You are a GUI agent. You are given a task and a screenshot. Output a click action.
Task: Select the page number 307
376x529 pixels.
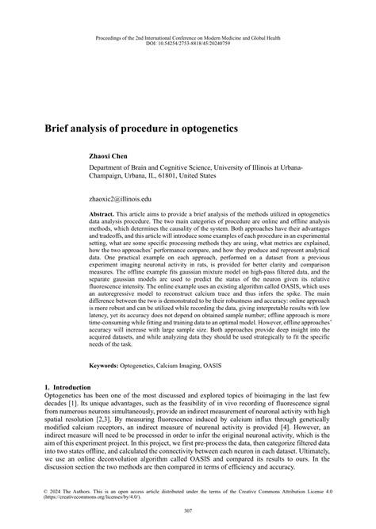[x=188, y=510]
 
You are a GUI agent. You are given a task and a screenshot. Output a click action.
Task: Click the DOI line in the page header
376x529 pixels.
[x=188, y=44]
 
